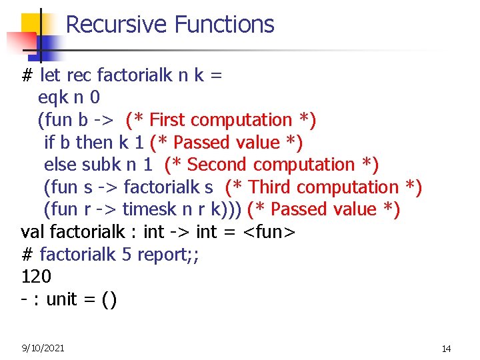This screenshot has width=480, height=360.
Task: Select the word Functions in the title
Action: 224,25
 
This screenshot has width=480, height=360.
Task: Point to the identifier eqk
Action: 54,97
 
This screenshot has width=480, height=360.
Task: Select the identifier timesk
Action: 150,209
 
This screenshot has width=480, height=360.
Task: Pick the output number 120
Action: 36,277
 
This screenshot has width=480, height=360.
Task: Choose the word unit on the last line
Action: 62,299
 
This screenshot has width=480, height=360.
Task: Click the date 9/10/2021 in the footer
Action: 43,348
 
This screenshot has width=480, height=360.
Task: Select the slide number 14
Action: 447,349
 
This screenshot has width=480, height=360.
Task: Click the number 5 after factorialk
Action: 127,255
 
